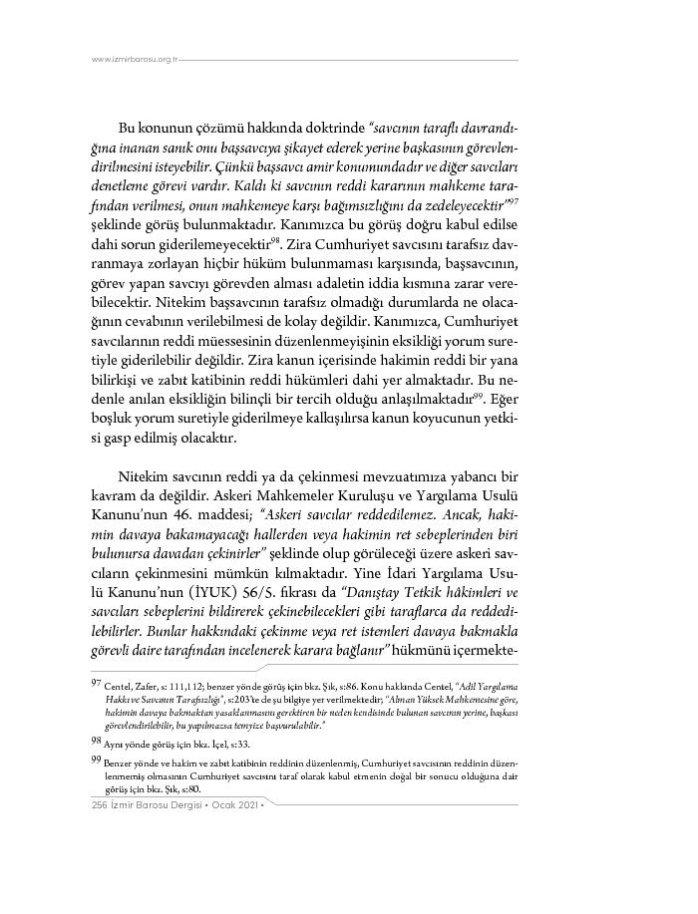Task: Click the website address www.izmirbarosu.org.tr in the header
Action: (134, 59)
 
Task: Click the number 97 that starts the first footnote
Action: (96, 686)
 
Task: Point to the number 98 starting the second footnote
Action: (96, 740)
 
